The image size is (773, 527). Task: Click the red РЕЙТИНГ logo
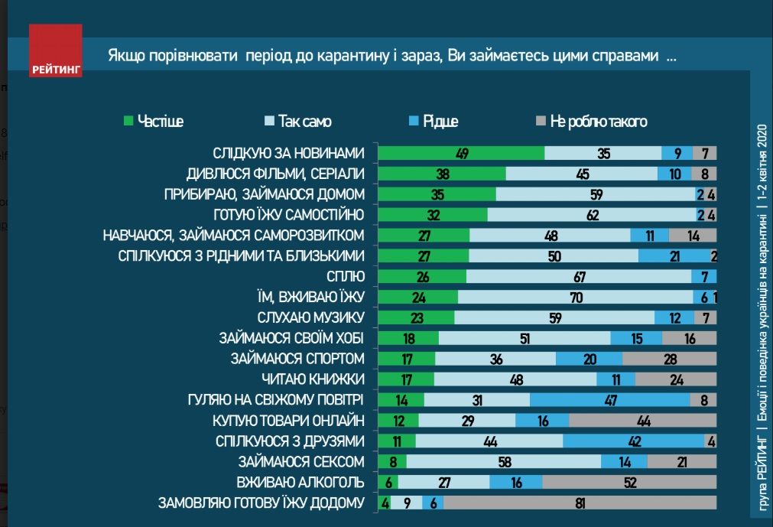55,50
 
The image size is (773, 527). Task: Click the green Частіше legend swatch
128,122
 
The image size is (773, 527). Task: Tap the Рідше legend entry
432,122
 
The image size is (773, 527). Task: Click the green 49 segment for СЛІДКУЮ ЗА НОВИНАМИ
461,153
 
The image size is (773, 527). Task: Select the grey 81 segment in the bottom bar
580,503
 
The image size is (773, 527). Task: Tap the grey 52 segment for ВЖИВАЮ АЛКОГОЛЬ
629,482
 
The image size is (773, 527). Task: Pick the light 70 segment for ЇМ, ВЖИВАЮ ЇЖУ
574,297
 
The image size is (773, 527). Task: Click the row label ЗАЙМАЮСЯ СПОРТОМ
297,358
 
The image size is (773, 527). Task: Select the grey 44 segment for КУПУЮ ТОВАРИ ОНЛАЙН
642,420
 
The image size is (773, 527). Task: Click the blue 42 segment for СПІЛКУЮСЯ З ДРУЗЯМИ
633,441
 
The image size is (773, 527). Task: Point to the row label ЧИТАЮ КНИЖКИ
313,379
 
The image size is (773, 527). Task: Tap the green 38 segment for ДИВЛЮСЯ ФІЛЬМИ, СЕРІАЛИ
442,174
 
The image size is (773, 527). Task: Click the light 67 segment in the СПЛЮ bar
578,276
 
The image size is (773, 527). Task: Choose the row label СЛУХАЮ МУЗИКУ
309,317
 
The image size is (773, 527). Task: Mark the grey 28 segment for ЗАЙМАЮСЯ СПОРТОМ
669,358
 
